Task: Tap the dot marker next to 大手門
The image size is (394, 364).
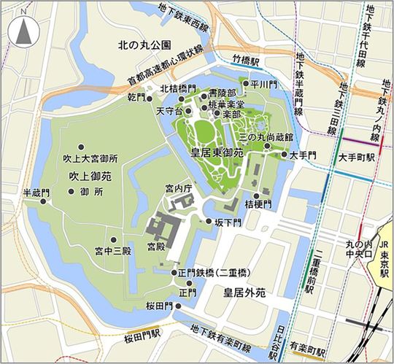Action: [x=284, y=155]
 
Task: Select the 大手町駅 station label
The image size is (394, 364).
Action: [x=357, y=156]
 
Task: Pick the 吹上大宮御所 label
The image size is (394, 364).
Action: [x=90, y=158]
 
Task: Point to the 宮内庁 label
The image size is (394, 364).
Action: [x=177, y=189]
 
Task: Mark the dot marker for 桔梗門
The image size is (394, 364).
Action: [x=255, y=192]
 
